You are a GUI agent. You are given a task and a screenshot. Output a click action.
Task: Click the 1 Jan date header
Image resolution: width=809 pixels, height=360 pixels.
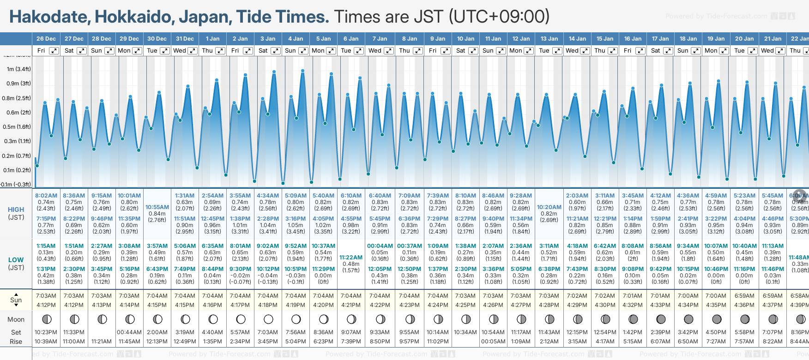212,39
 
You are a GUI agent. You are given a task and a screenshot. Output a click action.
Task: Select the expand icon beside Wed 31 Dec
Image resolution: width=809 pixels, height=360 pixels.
193,51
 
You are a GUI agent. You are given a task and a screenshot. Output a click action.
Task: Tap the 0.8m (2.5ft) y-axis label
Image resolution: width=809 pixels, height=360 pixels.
16,98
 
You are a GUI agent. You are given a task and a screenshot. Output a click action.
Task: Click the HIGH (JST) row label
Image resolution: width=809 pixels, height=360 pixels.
16,213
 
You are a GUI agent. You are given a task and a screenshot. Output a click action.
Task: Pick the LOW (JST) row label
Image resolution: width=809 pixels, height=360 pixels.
16,264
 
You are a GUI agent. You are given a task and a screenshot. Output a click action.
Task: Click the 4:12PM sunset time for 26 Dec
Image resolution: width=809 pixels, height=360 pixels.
46,305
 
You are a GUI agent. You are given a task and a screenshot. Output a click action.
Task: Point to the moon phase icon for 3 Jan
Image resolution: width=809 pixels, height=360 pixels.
268,319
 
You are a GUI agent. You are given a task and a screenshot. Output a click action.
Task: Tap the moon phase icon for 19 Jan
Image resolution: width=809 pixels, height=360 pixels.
717,319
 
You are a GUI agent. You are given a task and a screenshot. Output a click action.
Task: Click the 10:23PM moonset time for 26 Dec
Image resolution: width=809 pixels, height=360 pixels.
46,332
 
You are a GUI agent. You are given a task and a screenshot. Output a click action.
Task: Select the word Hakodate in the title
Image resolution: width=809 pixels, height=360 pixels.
50,17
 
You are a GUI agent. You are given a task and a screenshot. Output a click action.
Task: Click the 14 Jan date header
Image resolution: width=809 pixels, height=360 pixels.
577,39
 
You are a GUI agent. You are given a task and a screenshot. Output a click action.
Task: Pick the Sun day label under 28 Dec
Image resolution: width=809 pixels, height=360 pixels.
97,51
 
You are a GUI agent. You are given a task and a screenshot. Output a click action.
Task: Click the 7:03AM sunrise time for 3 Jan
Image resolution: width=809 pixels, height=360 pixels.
268,296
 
